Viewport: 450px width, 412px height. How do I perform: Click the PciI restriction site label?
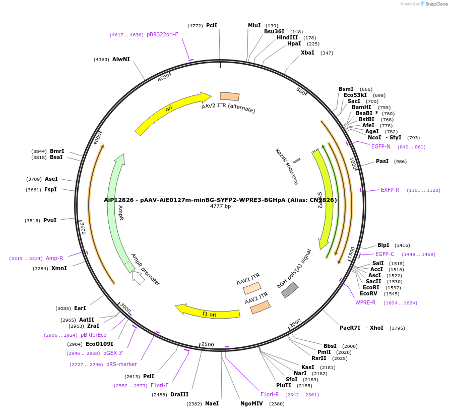212,25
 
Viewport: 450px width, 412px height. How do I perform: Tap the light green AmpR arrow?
115,212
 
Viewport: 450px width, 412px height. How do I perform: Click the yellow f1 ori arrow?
208,311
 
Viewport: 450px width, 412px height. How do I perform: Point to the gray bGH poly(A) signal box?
289,290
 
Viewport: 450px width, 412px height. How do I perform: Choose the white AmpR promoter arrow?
138,277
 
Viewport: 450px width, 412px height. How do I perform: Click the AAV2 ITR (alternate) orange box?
230,96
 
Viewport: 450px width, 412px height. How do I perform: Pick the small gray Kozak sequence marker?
297,161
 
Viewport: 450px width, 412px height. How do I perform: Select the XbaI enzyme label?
307,53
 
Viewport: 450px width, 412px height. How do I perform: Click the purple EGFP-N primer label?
380,146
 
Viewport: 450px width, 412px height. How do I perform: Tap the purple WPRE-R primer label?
365,302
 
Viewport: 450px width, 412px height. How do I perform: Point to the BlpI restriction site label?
383,245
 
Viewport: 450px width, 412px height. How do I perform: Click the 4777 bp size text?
220,206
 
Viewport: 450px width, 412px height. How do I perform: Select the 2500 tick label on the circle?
208,345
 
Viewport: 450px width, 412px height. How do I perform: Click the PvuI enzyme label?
50,220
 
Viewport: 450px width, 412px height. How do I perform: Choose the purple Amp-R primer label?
54,258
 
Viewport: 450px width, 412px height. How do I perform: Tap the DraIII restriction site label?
179,394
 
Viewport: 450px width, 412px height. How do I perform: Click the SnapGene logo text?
436,4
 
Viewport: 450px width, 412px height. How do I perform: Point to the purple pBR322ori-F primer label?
162,34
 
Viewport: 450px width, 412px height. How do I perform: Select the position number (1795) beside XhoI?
397,328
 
